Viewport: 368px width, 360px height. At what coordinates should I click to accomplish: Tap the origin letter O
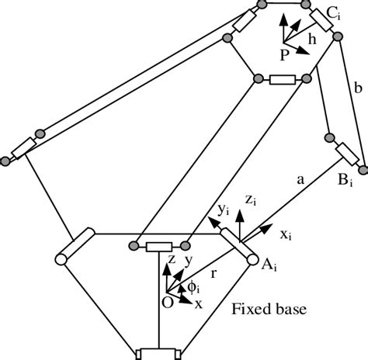click(x=166, y=303)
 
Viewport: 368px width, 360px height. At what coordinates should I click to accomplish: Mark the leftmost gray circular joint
click(x=6, y=160)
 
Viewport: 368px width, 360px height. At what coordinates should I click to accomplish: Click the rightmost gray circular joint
click(x=362, y=164)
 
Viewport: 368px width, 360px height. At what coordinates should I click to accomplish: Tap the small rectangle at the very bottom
click(x=158, y=354)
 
